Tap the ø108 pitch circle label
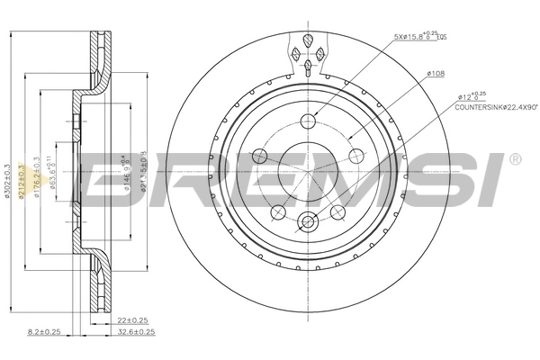[436, 73]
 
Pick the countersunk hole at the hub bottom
[309, 220]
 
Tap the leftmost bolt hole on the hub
[261, 155]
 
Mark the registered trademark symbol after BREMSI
[515, 159]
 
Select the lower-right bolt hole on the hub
[338, 211]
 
